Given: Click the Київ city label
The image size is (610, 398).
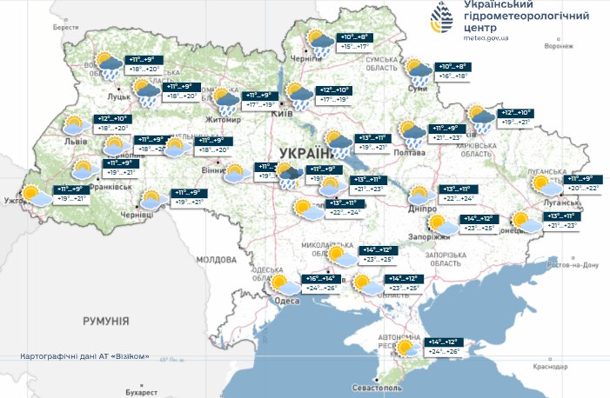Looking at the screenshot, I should coord(282,113).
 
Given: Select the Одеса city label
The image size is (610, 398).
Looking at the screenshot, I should coord(286,301).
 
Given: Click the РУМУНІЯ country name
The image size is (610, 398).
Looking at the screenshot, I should coord(106,322).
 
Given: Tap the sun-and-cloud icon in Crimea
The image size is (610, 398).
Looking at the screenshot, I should coord(405,348).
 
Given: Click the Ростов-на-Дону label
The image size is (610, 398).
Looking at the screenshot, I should coord(573,264).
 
